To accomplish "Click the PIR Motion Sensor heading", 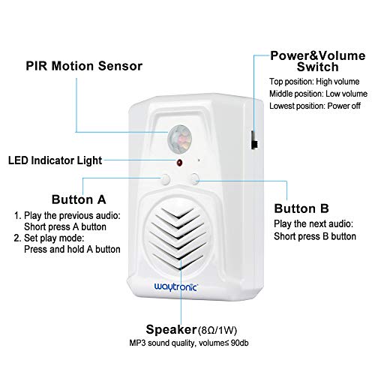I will click(x=83, y=66).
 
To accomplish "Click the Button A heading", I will click(x=79, y=200).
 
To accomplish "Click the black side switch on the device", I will click(x=252, y=140).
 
